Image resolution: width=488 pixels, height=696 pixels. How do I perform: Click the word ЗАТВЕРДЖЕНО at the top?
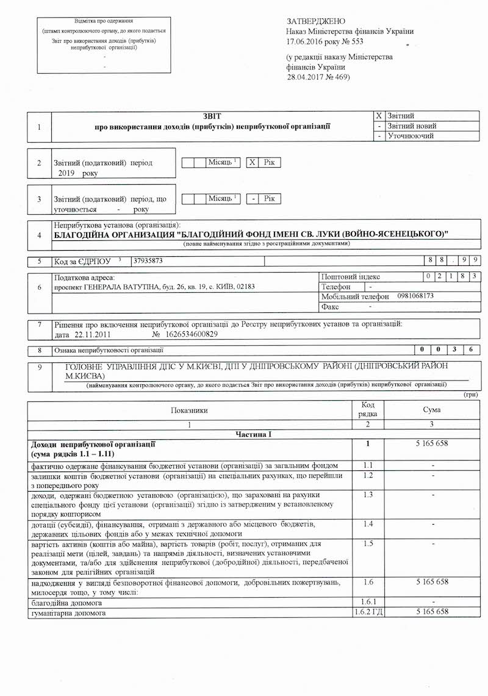click(x=315, y=21)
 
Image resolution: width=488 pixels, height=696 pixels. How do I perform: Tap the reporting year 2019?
click(x=66, y=174)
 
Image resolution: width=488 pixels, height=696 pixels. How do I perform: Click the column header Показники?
click(x=190, y=411)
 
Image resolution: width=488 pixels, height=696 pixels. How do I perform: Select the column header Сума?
click(x=431, y=410)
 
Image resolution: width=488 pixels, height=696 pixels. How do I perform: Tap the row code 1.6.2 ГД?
click(x=368, y=611)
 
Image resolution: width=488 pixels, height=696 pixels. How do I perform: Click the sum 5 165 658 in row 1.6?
click(x=431, y=582)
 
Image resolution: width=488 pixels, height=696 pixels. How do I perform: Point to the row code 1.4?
click(x=368, y=524)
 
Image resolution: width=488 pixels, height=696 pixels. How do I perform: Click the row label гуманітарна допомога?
click(x=68, y=612)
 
